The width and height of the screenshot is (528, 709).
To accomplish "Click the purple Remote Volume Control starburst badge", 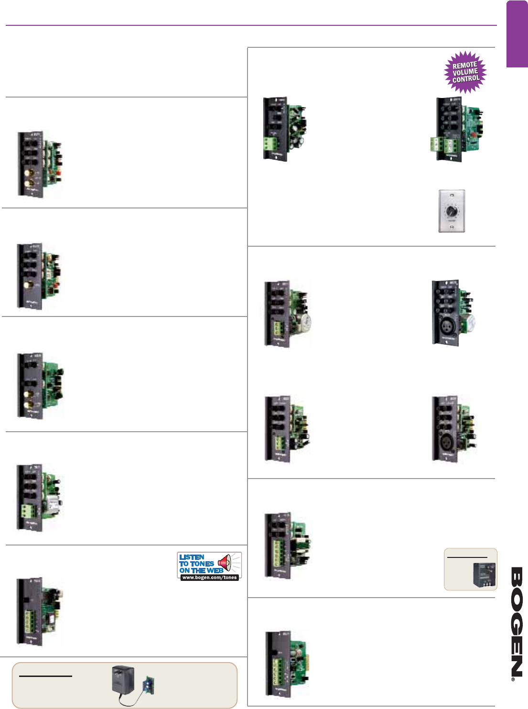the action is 465,72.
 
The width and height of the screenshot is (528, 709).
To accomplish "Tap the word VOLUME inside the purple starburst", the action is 465,72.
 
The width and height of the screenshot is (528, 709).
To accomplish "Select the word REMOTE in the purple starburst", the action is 464,65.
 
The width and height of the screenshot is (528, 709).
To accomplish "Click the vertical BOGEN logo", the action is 516,622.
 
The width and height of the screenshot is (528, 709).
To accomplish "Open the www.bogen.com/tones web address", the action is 209,578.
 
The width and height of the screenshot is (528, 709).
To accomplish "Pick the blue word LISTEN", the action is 192,557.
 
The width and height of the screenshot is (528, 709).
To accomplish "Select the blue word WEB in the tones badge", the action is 215,570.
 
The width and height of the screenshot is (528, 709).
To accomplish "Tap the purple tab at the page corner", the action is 517,33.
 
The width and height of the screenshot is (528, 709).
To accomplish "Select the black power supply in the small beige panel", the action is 483,575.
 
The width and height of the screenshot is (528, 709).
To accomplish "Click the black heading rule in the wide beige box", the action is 45,676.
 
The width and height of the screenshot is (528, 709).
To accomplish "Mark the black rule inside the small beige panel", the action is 467,557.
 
